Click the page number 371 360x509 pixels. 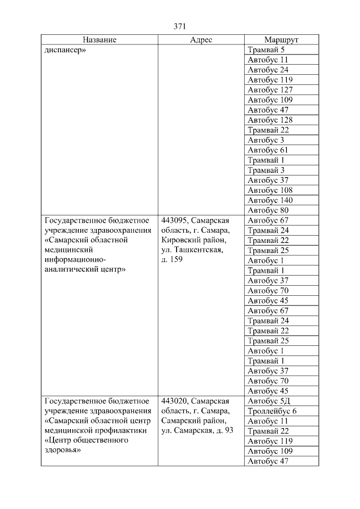tap(180, 26)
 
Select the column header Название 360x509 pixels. tap(100, 40)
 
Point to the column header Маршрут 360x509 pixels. tap(281, 40)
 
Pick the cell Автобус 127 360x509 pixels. tap(271, 90)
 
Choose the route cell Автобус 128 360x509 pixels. tap(271, 120)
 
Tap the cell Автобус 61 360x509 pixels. tap(268, 150)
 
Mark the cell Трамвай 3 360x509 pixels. tap(266, 170)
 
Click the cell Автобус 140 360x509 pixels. tap(271, 200)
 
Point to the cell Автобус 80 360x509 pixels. tap(268, 210)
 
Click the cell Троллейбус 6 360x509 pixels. tap(272, 411)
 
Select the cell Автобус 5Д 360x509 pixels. tap(269, 401)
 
